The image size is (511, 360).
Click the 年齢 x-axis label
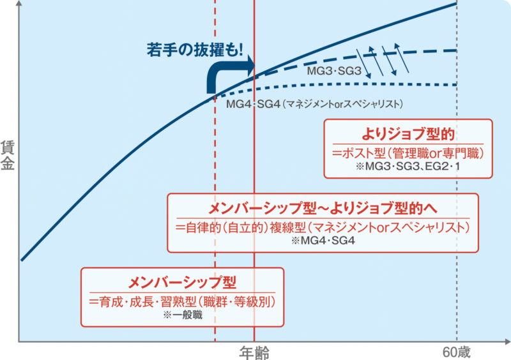click(254, 352)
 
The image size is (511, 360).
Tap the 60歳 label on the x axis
click(457, 352)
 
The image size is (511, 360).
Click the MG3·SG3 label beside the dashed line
click(335, 71)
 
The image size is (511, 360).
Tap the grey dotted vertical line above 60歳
click(457, 191)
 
